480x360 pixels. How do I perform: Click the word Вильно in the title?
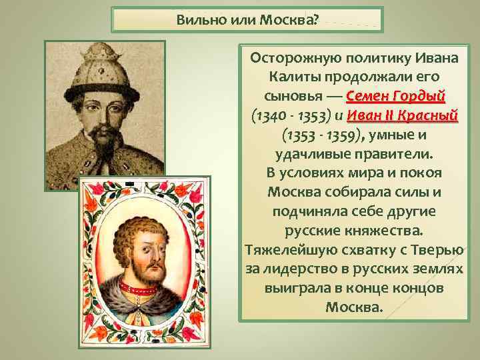coord(197,19)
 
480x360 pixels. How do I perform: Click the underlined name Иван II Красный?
coord(411,115)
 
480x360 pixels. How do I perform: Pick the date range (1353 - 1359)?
coord(323,135)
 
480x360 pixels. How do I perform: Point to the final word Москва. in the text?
coord(355,308)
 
